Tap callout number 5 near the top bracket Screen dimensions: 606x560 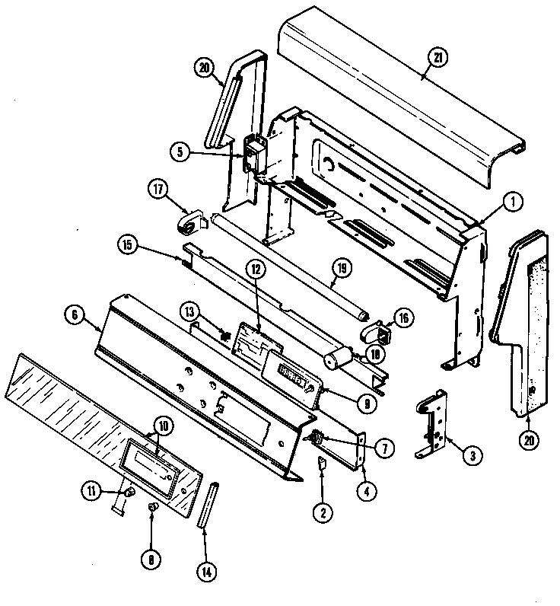[180, 151]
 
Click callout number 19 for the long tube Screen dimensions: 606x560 [342, 269]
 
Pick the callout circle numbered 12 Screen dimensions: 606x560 [256, 269]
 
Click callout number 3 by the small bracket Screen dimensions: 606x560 [472, 456]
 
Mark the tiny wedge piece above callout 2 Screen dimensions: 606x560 [322, 464]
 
